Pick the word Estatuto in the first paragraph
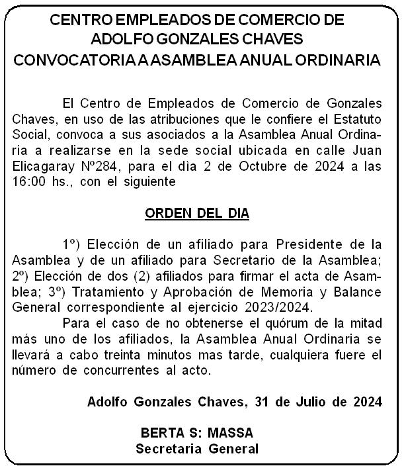362,122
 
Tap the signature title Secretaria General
196,449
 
